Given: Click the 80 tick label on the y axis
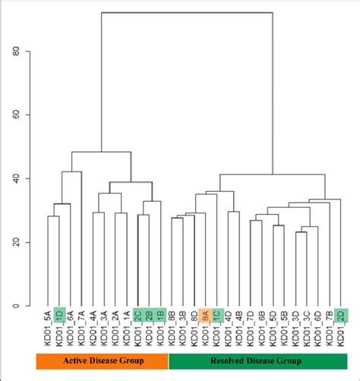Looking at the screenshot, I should click(x=15, y=51).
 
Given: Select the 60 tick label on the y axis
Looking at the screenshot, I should click(x=15, y=115).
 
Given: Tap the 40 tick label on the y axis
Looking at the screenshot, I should click(x=15, y=178).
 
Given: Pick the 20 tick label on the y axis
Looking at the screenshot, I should click(x=15, y=242).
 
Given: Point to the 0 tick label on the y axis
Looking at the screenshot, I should click(x=15, y=306).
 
